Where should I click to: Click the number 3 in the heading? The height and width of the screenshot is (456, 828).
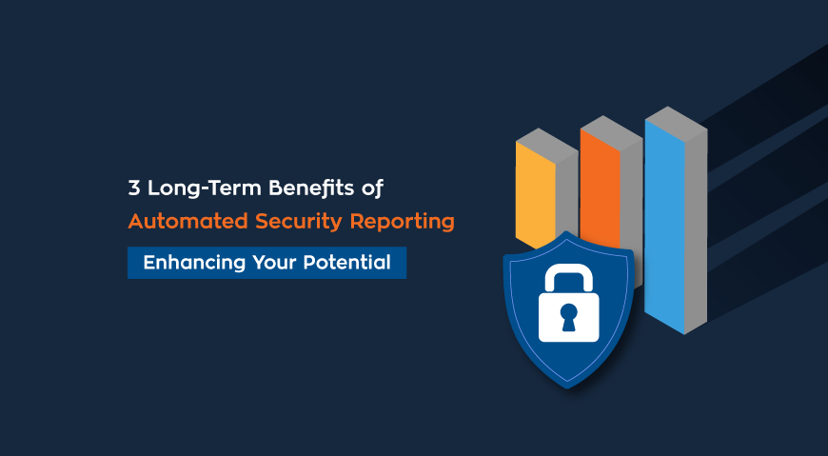pyautogui.click(x=134, y=188)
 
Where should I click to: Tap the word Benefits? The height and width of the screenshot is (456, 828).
pyautogui.click(x=311, y=188)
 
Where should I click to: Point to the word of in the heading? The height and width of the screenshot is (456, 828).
pyautogui.click(x=372, y=188)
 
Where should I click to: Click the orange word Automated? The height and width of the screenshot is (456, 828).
pyautogui.click(x=187, y=221)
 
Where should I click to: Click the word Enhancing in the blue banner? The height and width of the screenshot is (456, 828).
pyautogui.click(x=194, y=263)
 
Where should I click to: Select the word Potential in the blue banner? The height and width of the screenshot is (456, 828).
pyautogui.click(x=346, y=262)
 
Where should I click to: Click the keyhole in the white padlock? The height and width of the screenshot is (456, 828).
pyautogui.click(x=569, y=317)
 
